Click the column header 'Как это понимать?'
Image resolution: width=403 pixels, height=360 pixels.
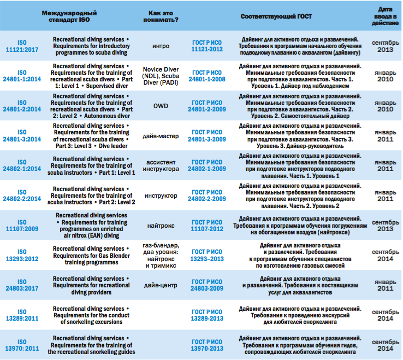click(x=161, y=16)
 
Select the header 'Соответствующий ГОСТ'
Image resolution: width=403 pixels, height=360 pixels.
click(x=276, y=16)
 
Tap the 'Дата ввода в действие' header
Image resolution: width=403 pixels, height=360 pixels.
click(x=385, y=16)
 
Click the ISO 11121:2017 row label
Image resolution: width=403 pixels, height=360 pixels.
click(x=22, y=46)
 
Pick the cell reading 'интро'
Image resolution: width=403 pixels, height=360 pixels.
click(x=161, y=46)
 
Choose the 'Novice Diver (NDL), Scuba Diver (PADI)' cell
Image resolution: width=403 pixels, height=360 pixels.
click(x=161, y=76)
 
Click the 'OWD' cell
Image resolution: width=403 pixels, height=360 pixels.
click(x=161, y=106)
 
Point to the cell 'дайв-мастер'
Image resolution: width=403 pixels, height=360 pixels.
click(x=161, y=136)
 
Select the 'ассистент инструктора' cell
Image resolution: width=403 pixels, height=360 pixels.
click(x=161, y=166)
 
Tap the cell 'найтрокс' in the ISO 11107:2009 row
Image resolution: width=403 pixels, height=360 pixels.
click(x=161, y=226)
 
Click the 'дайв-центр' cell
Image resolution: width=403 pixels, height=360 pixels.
click(x=161, y=285)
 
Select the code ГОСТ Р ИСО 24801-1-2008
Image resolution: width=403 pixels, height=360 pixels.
click(x=207, y=76)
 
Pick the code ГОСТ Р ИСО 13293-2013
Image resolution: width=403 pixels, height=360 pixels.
click(x=207, y=255)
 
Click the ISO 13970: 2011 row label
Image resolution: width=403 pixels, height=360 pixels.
click(x=22, y=345)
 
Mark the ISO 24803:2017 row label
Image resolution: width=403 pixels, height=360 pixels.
click(x=22, y=285)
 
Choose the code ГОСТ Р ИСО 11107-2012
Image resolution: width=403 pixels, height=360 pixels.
click(x=207, y=226)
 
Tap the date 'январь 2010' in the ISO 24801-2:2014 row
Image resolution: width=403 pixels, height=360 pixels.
click(x=385, y=106)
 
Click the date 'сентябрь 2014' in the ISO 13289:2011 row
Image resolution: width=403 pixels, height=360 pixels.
click(x=385, y=315)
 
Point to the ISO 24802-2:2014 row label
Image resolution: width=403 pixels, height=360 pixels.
click(x=22, y=196)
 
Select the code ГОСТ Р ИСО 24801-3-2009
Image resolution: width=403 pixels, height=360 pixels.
click(x=207, y=136)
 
